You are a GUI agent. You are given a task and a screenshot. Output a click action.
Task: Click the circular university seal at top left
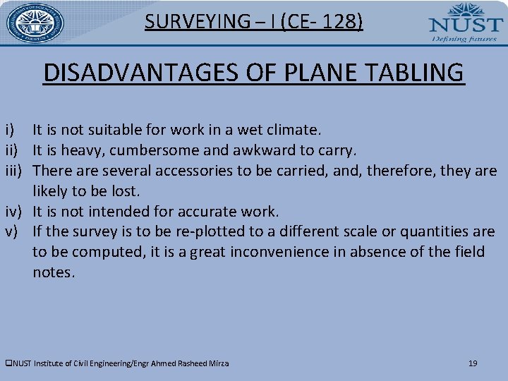pyautogui.click(x=35, y=23)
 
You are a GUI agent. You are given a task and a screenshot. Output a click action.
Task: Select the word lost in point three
pyautogui.click(x=126, y=191)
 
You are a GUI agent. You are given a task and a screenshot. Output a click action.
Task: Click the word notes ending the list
pyautogui.click(x=53, y=273)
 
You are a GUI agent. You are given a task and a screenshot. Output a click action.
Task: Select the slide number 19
pyautogui.click(x=473, y=363)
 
